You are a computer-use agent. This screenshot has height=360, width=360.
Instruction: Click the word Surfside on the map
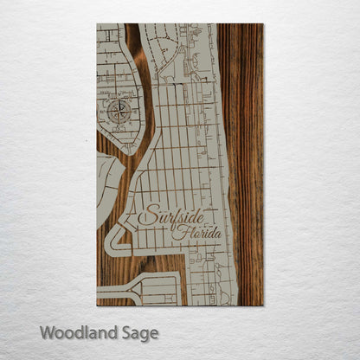(x=169, y=215)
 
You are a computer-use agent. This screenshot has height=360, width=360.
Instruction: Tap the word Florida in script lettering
(x=196, y=233)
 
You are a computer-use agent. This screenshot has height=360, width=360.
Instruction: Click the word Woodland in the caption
(x=74, y=332)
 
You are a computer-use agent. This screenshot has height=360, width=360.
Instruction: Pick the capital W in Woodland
(x=46, y=332)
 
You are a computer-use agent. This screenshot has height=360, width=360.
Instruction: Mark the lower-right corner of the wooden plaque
(x=262, y=305)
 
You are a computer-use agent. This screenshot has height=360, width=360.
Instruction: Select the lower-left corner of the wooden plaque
(x=97, y=305)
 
